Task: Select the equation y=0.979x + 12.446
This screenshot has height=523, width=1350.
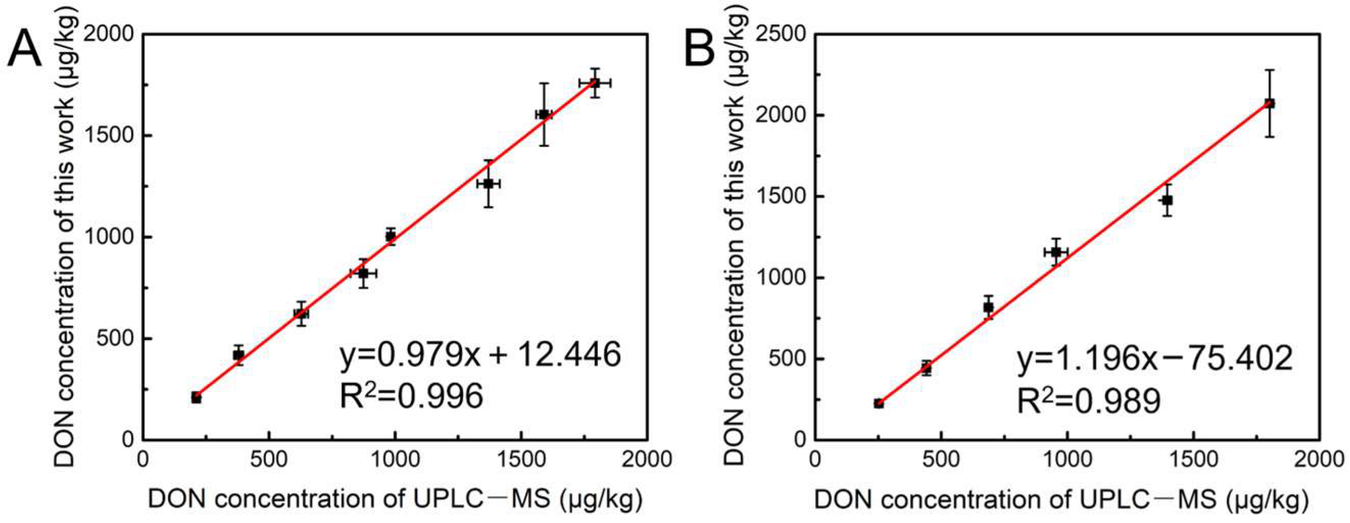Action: (480, 355)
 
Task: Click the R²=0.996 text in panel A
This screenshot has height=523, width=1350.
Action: (411, 395)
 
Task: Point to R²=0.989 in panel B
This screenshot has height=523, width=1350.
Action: (1089, 401)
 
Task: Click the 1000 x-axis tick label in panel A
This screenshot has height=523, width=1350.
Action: (394, 460)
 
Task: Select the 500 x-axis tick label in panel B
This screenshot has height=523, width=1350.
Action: (941, 460)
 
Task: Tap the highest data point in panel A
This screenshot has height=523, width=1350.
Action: (595, 83)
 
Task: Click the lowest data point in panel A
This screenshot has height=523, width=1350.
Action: (196, 398)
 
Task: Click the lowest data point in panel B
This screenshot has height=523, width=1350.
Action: (879, 403)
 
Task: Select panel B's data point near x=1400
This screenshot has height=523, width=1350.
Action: (1167, 200)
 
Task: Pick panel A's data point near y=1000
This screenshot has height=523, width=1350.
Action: (390, 236)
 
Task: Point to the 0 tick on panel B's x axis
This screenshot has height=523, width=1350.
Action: (816, 460)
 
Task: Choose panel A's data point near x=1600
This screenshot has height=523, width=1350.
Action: (544, 114)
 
